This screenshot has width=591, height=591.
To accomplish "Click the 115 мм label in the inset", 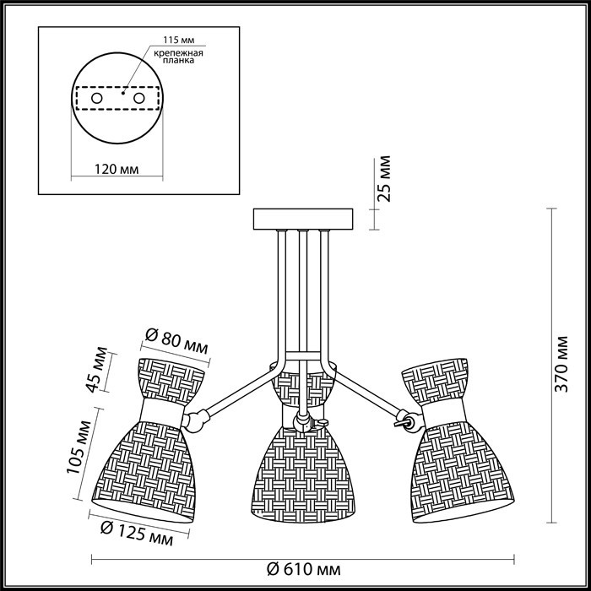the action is [x=179, y=41].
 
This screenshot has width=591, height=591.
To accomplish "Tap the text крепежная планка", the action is [x=178, y=57].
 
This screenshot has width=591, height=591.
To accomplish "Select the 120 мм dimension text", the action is [x=117, y=169].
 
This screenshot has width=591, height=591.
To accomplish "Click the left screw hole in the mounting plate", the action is [x=97, y=99].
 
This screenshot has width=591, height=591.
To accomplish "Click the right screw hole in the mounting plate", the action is [x=138, y=99].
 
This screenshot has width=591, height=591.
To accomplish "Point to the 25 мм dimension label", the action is [x=386, y=179].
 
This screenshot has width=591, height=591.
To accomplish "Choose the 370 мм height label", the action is [x=561, y=364].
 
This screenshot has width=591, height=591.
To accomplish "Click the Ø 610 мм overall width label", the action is [x=303, y=569].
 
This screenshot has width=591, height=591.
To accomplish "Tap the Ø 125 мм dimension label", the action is [x=137, y=534].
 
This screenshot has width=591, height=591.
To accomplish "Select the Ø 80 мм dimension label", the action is [x=176, y=341].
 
